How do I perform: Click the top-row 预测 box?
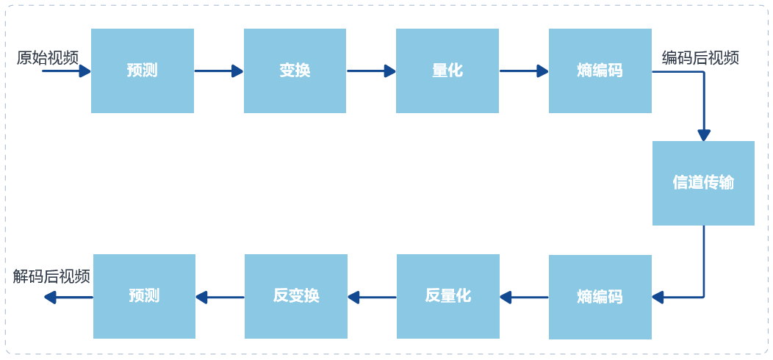(x=142, y=71)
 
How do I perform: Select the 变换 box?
(x=295, y=71)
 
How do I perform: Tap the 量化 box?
(x=447, y=71)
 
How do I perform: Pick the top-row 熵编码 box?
(x=600, y=71)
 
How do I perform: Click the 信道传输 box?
(x=703, y=183)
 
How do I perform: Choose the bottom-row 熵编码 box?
(x=600, y=297)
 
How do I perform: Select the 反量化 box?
(x=447, y=296)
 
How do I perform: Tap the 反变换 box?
(x=295, y=296)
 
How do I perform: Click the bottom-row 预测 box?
(x=144, y=296)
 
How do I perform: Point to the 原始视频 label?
(x=47, y=57)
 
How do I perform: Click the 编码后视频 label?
(x=700, y=57)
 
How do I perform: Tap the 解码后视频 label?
(x=51, y=276)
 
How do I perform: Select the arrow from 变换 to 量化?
(x=371, y=71)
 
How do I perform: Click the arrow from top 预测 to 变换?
(x=218, y=71)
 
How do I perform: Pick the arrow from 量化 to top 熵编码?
(x=524, y=71)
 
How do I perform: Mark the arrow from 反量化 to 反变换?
(x=372, y=298)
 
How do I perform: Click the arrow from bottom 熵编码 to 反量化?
(x=524, y=298)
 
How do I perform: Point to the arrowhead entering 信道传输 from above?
(x=704, y=135)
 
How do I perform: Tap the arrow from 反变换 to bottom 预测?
(x=220, y=298)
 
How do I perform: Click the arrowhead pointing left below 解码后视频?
(x=50, y=298)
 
